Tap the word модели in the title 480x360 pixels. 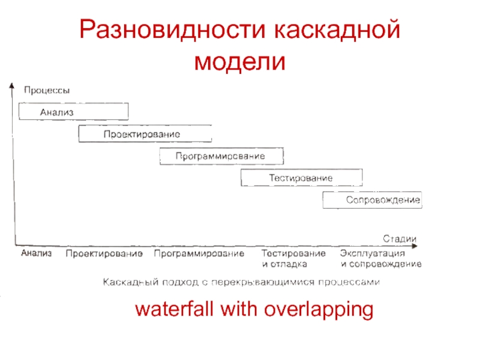coord(239,61)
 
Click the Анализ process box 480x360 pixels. coord(74,112)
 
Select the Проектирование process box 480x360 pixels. coord(145,133)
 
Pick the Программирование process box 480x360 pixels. coord(221,156)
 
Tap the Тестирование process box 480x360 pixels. coord(301,178)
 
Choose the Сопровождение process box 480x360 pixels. coord(372,200)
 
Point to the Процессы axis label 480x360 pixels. coord(46,91)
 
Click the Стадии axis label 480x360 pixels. coord(400,239)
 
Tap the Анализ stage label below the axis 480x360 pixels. coord(37,254)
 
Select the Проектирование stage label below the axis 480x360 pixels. coord(104,254)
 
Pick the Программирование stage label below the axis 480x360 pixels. coord(199,254)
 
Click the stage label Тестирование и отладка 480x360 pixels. coord(294,259)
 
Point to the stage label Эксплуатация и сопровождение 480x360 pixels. coord(381,259)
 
